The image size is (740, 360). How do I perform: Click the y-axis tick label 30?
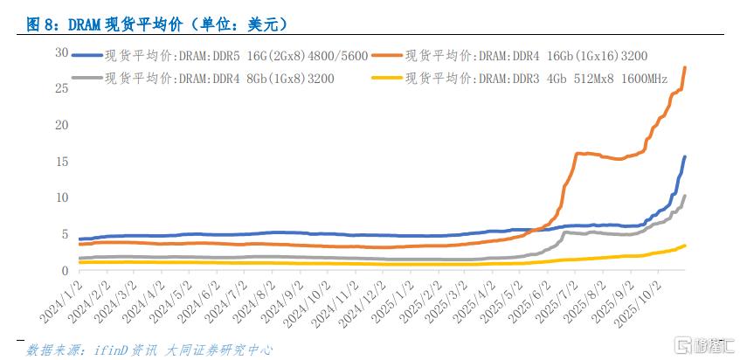coord(61,52)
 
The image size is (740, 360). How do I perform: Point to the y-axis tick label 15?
coord(61,161)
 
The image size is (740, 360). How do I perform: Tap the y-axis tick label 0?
coord(64,270)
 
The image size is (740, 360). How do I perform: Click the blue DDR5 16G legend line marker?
coord(86,54)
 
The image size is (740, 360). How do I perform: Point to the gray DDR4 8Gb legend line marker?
coord(86,78)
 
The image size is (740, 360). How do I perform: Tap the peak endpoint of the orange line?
coord(684,67)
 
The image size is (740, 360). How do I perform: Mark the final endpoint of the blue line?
coord(685,157)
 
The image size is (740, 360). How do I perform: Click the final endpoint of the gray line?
coord(685,197)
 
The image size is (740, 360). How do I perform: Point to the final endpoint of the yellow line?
coord(685,246)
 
